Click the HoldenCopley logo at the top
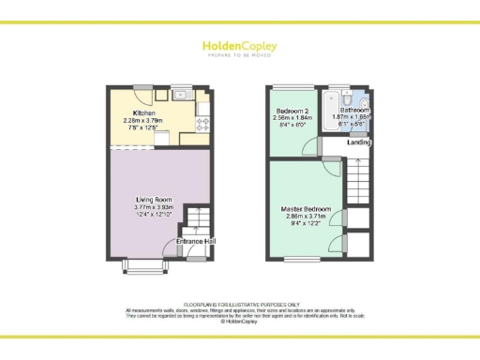pyautogui.click(x=239, y=45)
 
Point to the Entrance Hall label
pyautogui.click(x=196, y=243)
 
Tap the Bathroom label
pyautogui.click(x=355, y=110)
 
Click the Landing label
pyautogui.click(x=359, y=142)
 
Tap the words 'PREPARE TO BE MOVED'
pyautogui.click(x=239, y=55)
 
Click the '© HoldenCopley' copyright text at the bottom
pyautogui.click(x=240, y=321)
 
